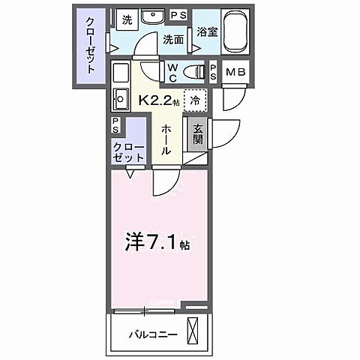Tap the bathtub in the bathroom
pyautogui.click(x=232, y=31)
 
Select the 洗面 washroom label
pyautogui.click(x=173, y=40)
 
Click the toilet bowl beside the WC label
pyautogui.click(x=196, y=71)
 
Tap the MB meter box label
pyautogui.click(x=235, y=73)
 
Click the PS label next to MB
pyautogui.click(x=214, y=73)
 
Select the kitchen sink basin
pyautogui.click(x=120, y=99)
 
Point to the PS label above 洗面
pyautogui.click(x=178, y=14)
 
